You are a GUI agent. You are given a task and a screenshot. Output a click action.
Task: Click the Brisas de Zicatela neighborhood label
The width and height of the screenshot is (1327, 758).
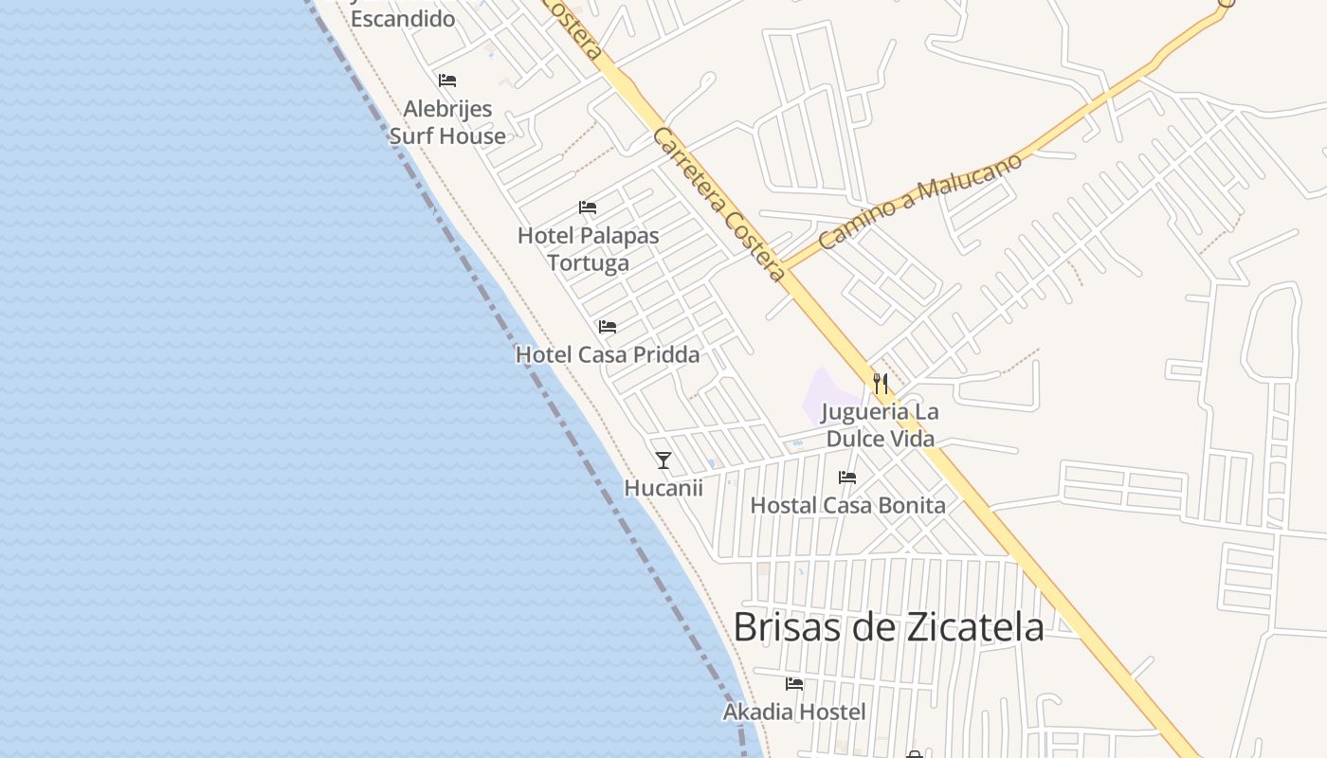[x=888, y=627]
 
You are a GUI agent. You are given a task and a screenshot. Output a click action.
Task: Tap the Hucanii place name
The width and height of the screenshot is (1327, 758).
[x=663, y=488]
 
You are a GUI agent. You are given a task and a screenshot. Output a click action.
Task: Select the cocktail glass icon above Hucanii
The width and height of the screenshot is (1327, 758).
[x=663, y=460]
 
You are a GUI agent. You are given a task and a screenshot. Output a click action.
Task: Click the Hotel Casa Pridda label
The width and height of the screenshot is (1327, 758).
[x=608, y=355]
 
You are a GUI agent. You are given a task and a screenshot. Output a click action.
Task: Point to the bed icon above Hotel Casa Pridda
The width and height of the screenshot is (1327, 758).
[x=608, y=327]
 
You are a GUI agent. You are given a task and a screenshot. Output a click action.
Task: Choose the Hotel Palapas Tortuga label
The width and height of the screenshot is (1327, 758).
[x=588, y=249]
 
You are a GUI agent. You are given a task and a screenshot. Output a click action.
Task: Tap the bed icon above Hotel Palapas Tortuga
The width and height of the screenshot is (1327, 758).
[x=588, y=208]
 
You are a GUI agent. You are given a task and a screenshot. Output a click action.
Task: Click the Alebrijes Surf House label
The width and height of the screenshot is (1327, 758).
[x=447, y=122]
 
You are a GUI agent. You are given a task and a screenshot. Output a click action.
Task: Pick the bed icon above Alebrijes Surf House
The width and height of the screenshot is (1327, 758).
[x=447, y=81]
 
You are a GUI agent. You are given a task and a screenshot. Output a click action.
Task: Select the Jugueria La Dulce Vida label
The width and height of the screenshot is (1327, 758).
[x=881, y=425]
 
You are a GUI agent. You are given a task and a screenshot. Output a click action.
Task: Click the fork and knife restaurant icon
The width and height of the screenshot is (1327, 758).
[x=881, y=383]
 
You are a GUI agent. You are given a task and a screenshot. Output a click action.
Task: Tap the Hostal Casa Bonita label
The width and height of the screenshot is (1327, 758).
[x=847, y=506]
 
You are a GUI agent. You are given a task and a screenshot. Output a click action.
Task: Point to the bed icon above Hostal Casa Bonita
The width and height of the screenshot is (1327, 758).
[x=847, y=478]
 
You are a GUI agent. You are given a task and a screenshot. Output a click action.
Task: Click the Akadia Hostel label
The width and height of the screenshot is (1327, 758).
[x=794, y=712]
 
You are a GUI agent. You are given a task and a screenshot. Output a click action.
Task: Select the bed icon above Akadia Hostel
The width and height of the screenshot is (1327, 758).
[x=794, y=683]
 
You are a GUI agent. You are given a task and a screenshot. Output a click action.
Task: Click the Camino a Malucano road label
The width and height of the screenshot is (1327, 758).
[x=920, y=201]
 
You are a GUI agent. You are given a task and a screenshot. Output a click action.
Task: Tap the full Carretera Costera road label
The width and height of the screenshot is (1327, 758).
[x=719, y=205]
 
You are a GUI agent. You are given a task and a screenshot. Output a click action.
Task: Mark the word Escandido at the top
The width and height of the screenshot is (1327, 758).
[x=403, y=18]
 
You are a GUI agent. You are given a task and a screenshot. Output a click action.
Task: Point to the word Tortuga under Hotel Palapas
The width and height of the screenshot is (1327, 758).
[x=588, y=263]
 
